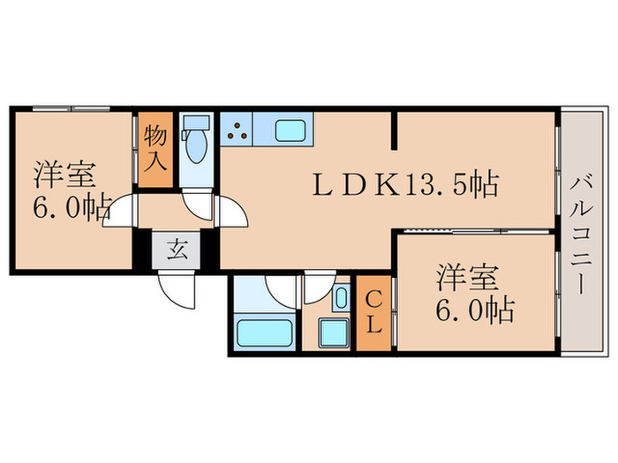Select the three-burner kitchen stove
point(237,130)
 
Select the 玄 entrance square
point(177,250)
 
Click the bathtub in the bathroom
point(264,333)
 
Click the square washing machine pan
point(335,333)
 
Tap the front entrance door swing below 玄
point(175,287)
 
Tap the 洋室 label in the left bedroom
point(64,174)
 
